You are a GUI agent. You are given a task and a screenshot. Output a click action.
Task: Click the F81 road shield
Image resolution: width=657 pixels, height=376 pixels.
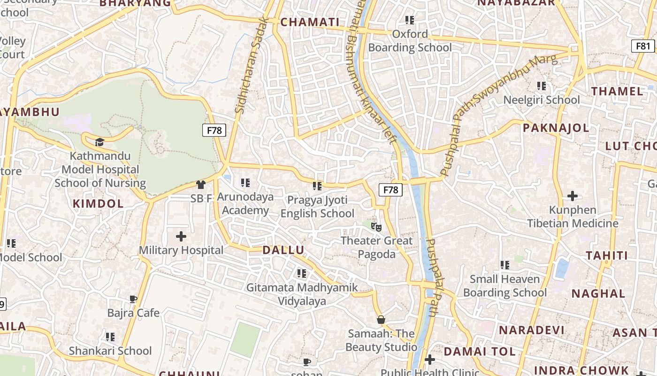(643, 46)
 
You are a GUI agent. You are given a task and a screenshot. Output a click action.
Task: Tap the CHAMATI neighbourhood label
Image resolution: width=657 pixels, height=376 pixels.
(310, 22)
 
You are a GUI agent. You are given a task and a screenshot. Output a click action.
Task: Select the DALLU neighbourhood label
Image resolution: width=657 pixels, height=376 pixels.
(283, 250)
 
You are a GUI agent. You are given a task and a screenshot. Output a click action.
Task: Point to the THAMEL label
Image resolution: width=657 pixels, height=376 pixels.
(617, 91)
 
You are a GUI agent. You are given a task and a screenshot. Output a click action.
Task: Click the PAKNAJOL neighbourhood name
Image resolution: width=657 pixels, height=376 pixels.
(556, 128)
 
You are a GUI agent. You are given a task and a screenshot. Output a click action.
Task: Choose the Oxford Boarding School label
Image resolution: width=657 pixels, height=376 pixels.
(410, 41)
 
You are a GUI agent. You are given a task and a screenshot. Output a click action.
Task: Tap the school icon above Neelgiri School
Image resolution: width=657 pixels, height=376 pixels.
(542, 86)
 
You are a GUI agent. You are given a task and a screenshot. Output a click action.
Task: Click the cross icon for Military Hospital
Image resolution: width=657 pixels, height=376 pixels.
(181, 236)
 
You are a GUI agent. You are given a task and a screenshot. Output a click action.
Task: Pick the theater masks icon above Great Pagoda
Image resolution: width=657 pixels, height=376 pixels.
(376, 227)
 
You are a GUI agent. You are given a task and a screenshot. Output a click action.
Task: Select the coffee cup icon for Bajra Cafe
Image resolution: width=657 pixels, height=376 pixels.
(133, 299)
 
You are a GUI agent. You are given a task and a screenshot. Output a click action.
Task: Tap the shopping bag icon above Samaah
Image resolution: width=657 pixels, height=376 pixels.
(381, 320)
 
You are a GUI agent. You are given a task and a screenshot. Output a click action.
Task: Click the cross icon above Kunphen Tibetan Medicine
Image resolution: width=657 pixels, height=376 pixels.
(573, 196)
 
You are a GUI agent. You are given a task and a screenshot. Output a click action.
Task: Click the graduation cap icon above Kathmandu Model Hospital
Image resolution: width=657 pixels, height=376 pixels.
(99, 142)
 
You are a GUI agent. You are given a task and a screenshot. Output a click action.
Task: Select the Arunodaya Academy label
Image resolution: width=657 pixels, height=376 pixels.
(245, 204)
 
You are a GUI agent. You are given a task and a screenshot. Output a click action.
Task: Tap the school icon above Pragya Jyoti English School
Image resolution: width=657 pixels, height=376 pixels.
(317, 186)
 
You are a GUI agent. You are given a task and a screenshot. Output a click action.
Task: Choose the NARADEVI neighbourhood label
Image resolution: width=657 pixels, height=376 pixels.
(531, 330)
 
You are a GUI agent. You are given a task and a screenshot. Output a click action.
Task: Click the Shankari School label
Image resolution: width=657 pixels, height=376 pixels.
(110, 351)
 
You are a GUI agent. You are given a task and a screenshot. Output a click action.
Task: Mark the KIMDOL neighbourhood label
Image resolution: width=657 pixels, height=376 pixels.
(98, 204)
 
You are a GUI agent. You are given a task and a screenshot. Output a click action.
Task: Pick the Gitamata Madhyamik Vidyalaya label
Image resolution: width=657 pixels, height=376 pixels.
(302, 294)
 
